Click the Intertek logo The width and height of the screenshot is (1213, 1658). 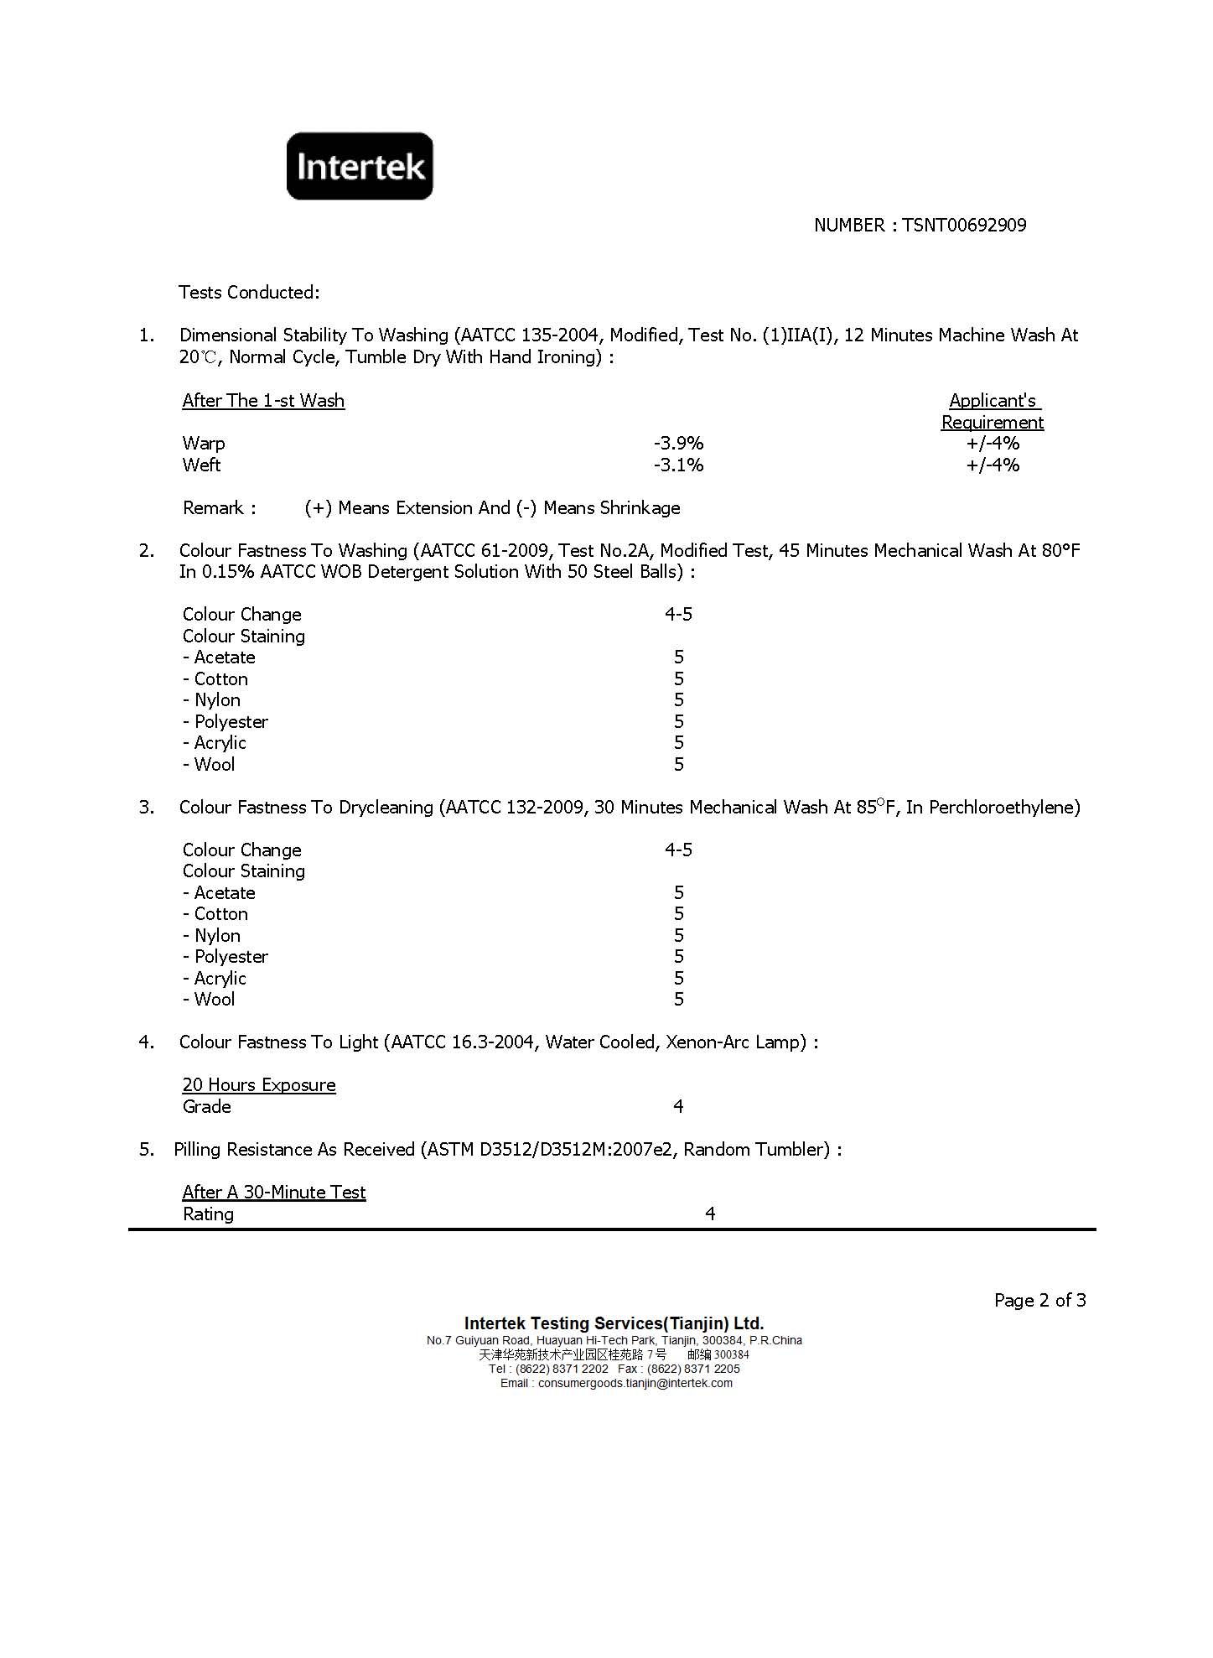pos(360,166)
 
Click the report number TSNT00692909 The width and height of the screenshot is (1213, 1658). pos(964,225)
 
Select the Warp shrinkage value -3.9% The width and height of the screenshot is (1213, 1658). pos(678,444)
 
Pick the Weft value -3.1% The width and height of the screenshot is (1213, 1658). pos(678,465)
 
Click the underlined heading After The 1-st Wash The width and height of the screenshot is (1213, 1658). pos(263,401)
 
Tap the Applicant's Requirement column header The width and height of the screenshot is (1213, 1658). pos(993,411)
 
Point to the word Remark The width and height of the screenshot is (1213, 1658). pos(213,508)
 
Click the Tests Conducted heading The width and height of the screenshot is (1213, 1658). pos(249,293)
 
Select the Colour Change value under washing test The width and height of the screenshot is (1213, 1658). pos(678,615)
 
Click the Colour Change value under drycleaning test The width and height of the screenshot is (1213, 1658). pos(678,850)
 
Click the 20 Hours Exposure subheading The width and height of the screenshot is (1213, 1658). pos(259,1085)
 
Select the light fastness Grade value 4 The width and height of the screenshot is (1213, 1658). pos(678,1107)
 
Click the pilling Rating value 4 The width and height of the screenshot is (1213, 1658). pos(710,1214)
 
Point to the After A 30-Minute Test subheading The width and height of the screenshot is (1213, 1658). pos(274,1193)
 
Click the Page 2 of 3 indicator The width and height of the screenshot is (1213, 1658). pos(1039,1301)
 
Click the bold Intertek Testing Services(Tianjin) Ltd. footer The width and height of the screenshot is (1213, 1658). pos(614,1323)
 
